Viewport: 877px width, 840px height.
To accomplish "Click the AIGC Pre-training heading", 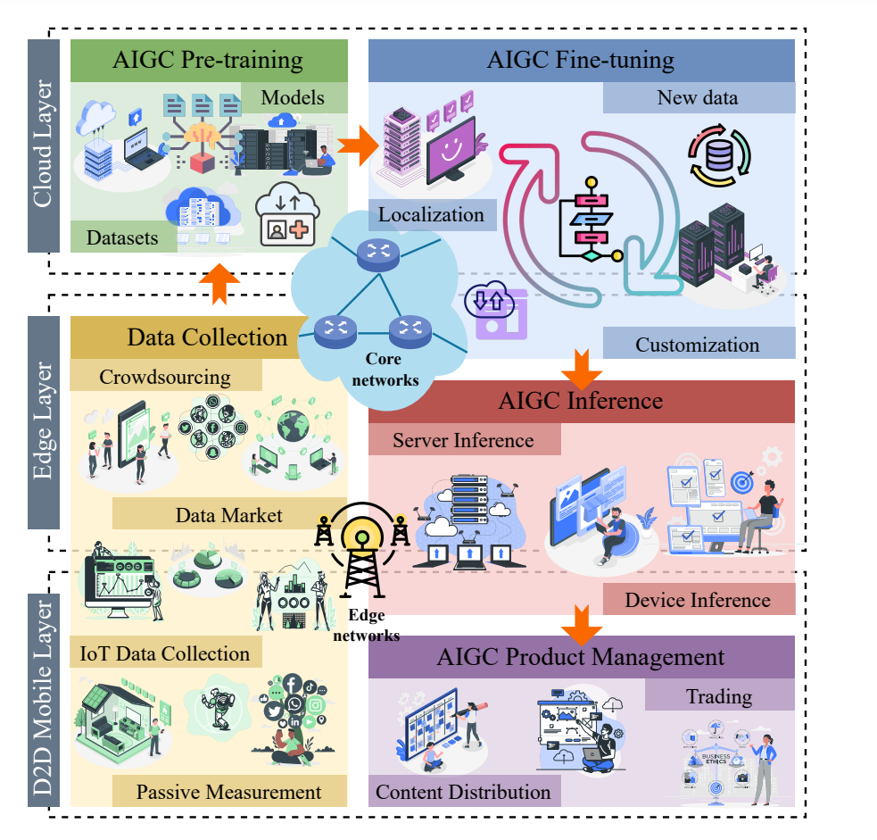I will click(208, 61).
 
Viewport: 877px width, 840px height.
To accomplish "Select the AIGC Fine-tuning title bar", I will click(581, 61).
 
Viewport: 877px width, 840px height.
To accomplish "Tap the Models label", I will click(294, 97).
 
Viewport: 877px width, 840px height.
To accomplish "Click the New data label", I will click(698, 98).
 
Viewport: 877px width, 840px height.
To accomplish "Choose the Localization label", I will click(431, 215).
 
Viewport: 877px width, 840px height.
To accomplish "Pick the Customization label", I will click(698, 344).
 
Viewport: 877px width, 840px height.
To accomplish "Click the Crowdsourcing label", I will click(165, 376).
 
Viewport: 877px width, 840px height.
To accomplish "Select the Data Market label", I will click(228, 515).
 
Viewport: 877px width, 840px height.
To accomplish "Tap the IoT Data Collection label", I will click(165, 653).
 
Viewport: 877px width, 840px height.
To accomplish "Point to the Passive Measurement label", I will click(228, 792).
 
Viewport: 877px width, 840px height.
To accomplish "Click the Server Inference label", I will click(463, 440).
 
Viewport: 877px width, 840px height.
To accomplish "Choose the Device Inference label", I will click(698, 599).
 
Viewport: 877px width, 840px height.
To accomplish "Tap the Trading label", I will click(719, 695).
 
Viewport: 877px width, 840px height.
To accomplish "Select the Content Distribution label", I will click(463, 792).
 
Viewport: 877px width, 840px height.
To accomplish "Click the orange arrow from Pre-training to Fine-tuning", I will click(360, 146).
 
